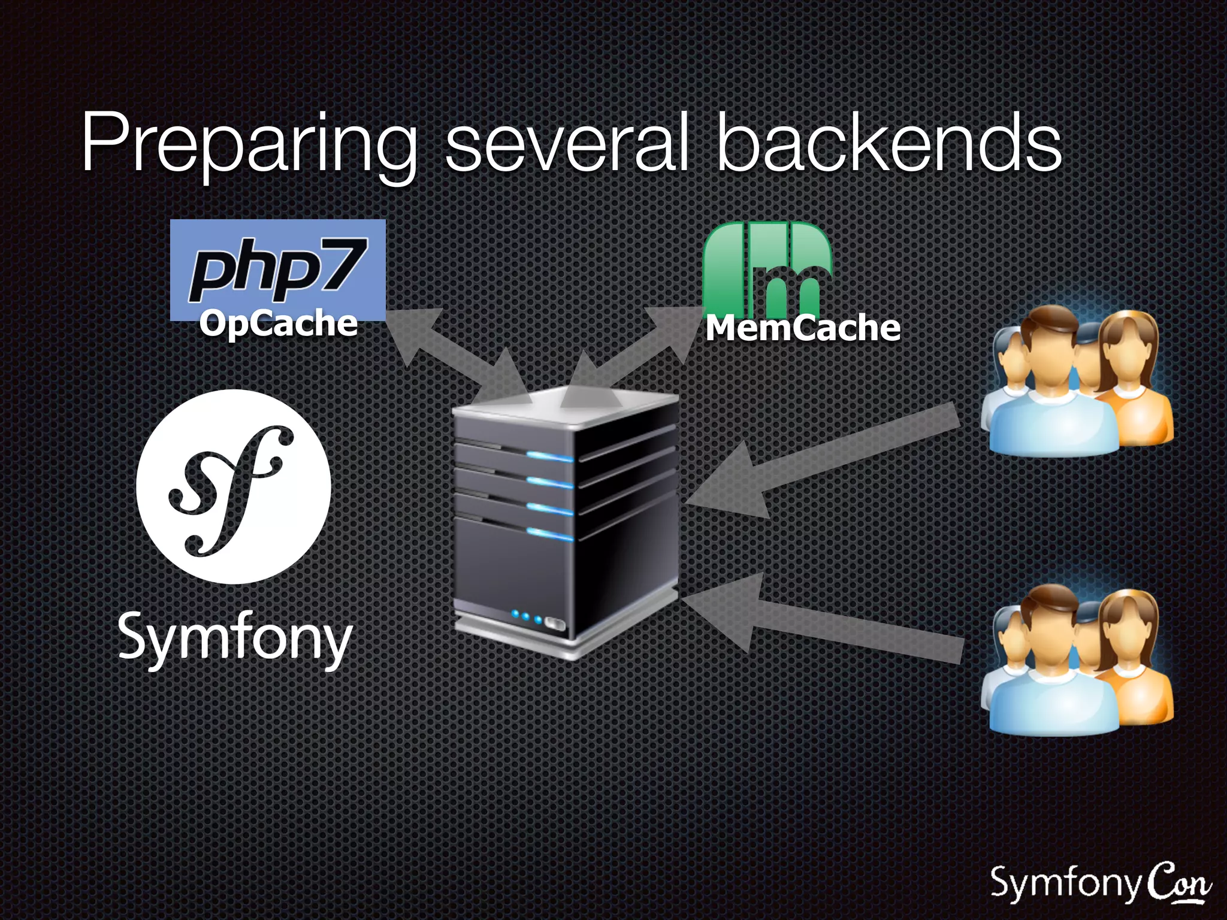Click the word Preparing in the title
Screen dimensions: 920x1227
[249, 144]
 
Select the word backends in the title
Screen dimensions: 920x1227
[890, 144]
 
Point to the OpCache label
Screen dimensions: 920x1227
[279, 324]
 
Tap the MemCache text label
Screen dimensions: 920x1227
[803, 328]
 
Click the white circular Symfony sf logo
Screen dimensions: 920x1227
[234, 486]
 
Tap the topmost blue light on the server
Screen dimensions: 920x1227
[549, 457]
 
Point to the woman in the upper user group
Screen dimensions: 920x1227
[1129, 377]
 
